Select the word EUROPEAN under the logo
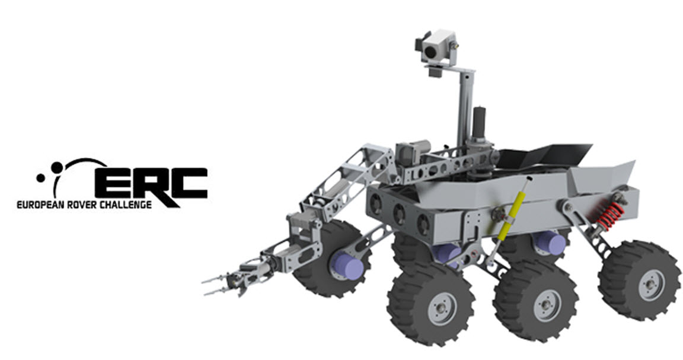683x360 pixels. tap(41, 205)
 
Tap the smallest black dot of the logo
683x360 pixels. tap(40, 176)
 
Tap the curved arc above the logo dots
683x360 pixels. tap(83, 163)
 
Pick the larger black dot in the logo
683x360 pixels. tap(57, 167)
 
